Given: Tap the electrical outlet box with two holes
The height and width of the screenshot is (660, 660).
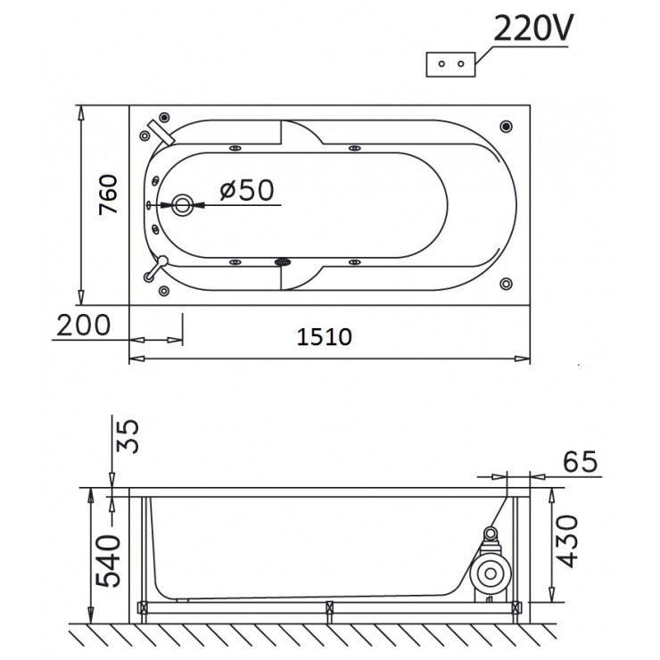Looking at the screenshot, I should coord(451,64).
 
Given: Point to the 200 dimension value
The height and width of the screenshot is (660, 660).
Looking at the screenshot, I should coord(84,325).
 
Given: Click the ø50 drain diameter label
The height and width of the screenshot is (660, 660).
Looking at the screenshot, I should coord(246,189).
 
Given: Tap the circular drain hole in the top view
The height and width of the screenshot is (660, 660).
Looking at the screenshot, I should coord(182,205).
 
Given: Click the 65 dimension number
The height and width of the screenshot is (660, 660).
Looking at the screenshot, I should coord(578,462).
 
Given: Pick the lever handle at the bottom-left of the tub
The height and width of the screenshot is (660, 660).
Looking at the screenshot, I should coord(158,266).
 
